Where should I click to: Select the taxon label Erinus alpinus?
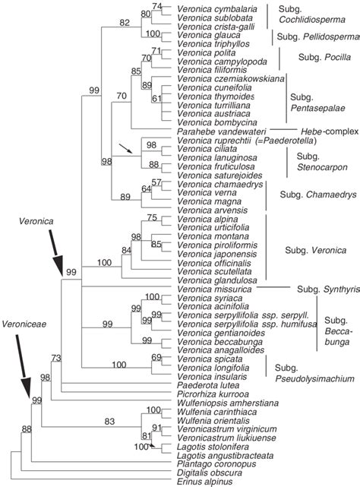198,481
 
